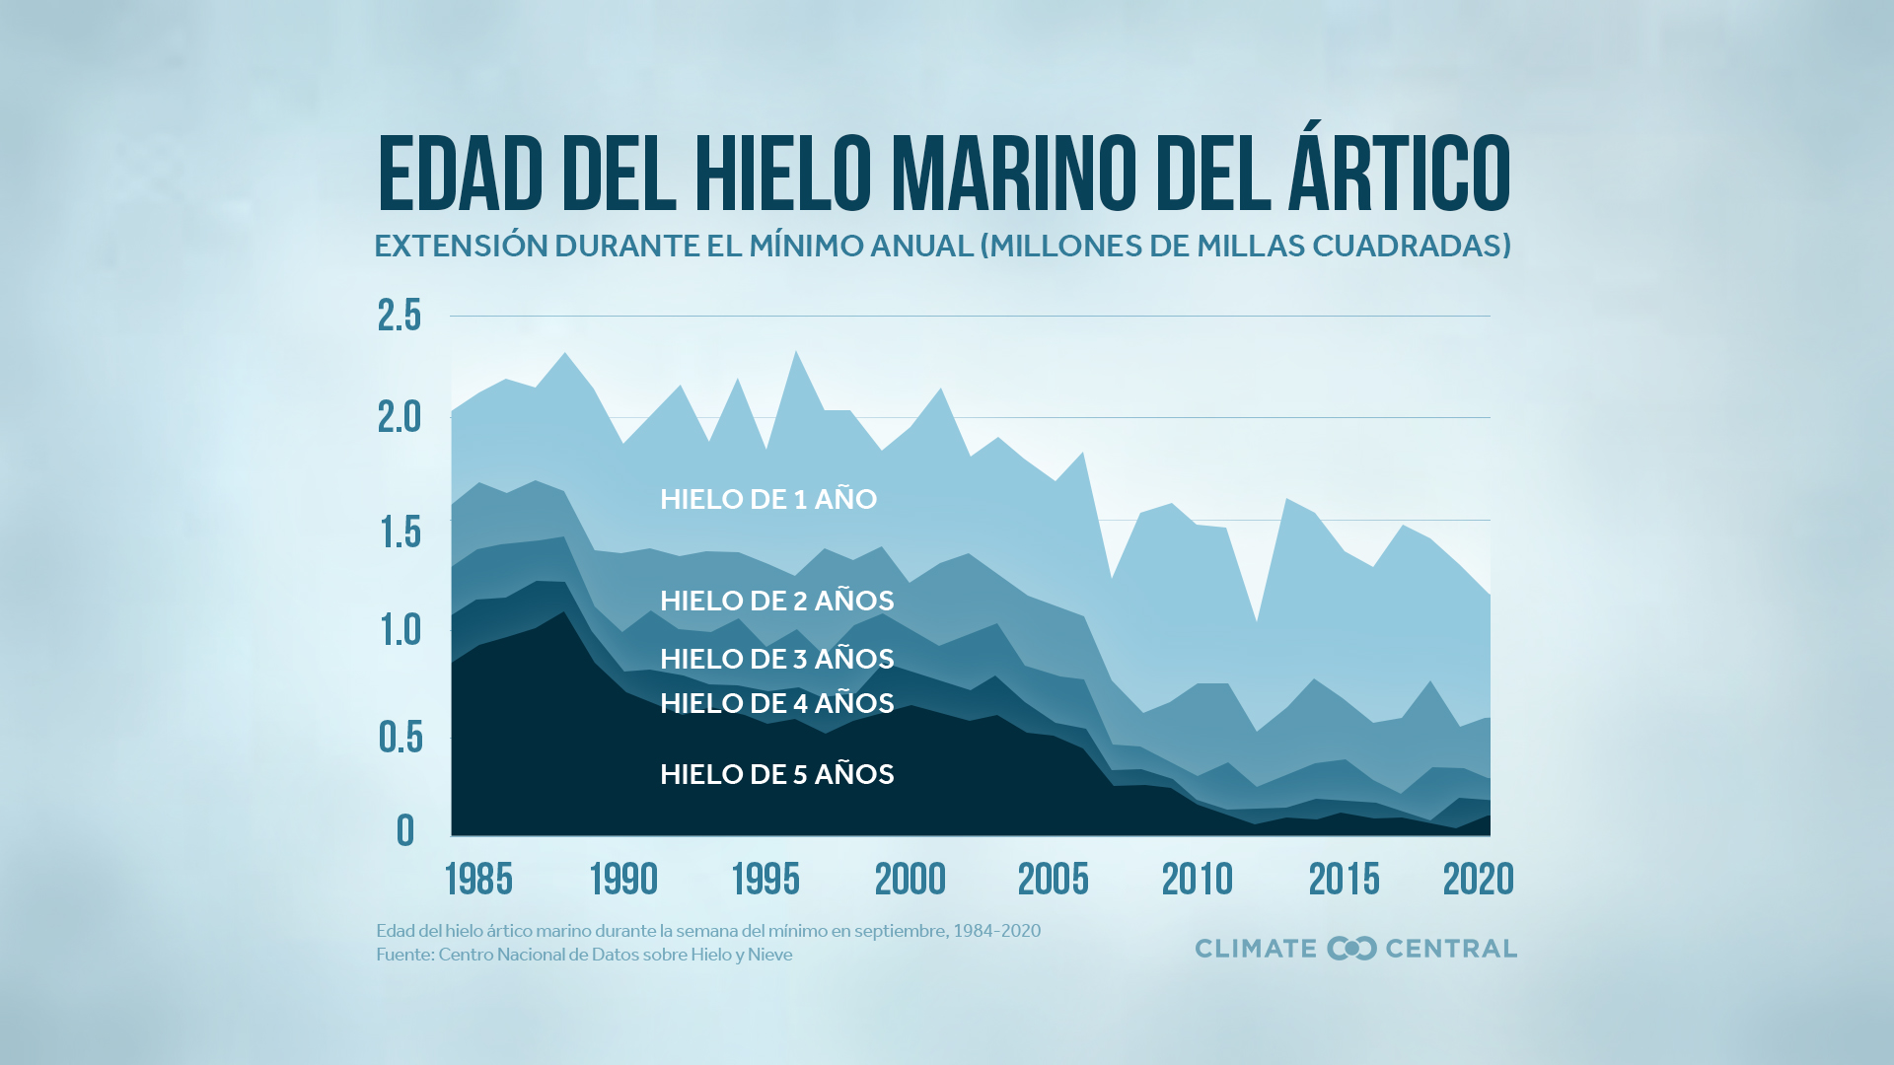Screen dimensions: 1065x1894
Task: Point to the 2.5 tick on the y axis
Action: point(400,316)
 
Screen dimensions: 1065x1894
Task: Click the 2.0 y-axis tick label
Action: point(400,417)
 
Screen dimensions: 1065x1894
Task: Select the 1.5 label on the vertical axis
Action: point(401,532)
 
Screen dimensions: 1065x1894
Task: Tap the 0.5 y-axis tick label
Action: point(400,737)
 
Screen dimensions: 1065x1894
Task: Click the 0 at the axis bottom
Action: point(405,831)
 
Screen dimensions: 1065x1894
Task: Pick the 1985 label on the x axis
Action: point(478,879)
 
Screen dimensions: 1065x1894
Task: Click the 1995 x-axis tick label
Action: point(765,879)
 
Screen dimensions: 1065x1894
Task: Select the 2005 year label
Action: point(1053,879)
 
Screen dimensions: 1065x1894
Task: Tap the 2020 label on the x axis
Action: point(1478,879)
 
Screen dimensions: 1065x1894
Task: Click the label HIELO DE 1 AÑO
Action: point(768,499)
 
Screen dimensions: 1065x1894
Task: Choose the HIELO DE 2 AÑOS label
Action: point(776,601)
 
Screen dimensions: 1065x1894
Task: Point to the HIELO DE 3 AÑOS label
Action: point(776,659)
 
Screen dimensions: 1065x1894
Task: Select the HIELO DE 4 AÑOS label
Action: point(776,703)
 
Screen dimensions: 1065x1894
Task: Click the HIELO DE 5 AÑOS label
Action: point(776,774)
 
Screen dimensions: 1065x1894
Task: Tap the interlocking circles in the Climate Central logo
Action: point(1351,949)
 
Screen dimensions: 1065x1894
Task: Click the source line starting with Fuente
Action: point(584,955)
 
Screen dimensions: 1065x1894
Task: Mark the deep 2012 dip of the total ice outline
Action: point(1256,622)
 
